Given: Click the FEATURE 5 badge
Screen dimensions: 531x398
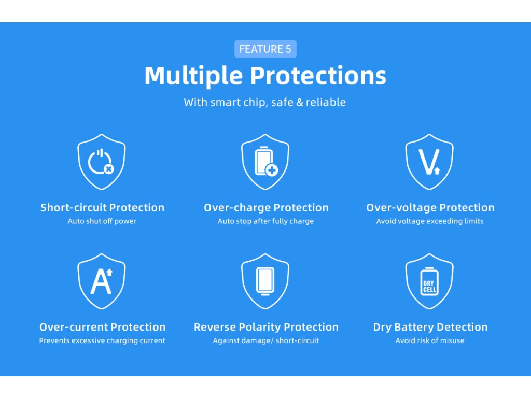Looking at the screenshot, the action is coord(265,49).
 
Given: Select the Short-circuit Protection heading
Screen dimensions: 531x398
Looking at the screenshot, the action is coord(102,207).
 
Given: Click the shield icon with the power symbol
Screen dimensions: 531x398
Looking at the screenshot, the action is coord(102,162).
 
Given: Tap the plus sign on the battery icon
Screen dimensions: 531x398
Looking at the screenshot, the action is coord(272,170).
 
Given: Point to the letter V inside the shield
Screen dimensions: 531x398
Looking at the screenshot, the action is coord(427,162).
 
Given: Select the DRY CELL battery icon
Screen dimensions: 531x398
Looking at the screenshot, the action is coord(429,281).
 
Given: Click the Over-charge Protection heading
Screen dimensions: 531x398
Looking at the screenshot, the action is coord(266,207).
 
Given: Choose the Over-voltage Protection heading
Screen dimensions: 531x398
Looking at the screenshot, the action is coord(430,207).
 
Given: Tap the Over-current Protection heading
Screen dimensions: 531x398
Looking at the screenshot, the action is coord(102,327).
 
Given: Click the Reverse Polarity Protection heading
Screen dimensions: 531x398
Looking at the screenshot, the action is coord(266,327).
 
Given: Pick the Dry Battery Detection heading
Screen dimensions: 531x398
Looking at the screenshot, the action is coord(430,327).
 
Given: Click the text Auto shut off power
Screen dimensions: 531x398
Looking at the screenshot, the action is coord(102,221).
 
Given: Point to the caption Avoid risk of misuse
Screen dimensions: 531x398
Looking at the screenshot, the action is coord(430,340).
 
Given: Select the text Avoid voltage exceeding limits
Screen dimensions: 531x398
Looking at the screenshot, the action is coord(430,221).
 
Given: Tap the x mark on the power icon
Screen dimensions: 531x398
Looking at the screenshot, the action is coord(109,168).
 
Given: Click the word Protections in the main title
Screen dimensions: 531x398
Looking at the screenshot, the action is coord(318,76).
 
